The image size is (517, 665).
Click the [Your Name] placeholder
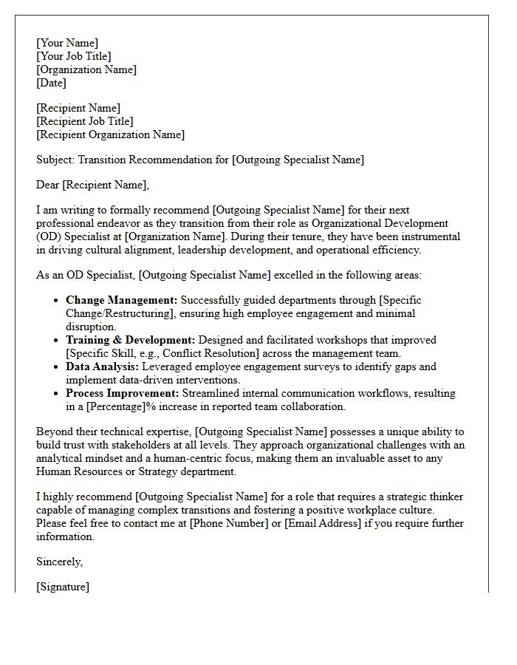click(x=67, y=43)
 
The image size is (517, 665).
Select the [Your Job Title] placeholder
click(x=74, y=56)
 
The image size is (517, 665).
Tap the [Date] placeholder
click(x=52, y=83)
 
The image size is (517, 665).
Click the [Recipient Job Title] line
click(x=85, y=121)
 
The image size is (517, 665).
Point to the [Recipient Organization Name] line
click(x=111, y=134)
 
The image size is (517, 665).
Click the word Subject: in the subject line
click(x=55, y=160)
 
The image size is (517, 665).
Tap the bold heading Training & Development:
click(x=131, y=340)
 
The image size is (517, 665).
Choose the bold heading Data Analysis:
click(x=103, y=366)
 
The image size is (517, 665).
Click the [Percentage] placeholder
click(x=114, y=406)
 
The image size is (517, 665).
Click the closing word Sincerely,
click(x=60, y=562)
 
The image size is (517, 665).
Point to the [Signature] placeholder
click(x=63, y=587)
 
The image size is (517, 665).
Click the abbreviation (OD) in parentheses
click(x=49, y=236)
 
